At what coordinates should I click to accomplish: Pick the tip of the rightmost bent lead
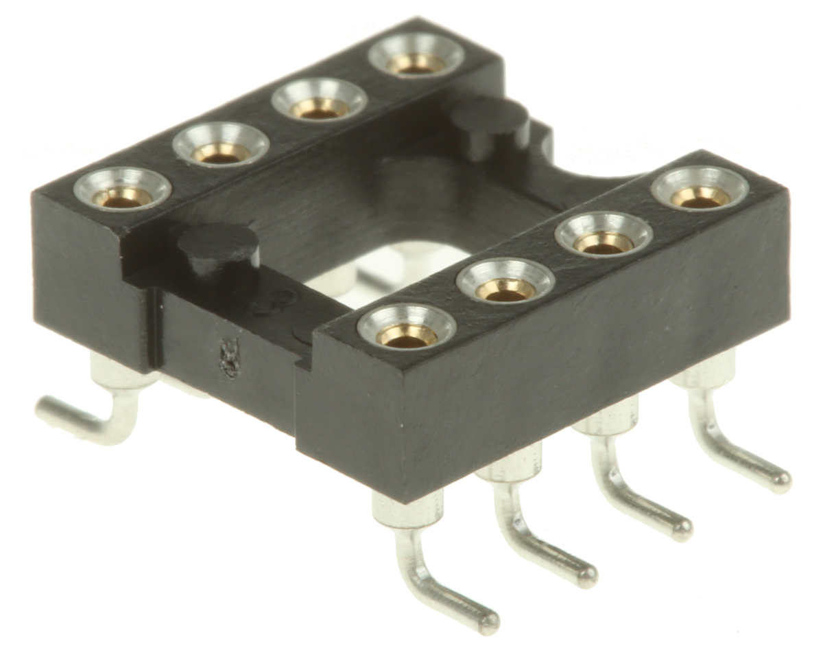781,481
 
